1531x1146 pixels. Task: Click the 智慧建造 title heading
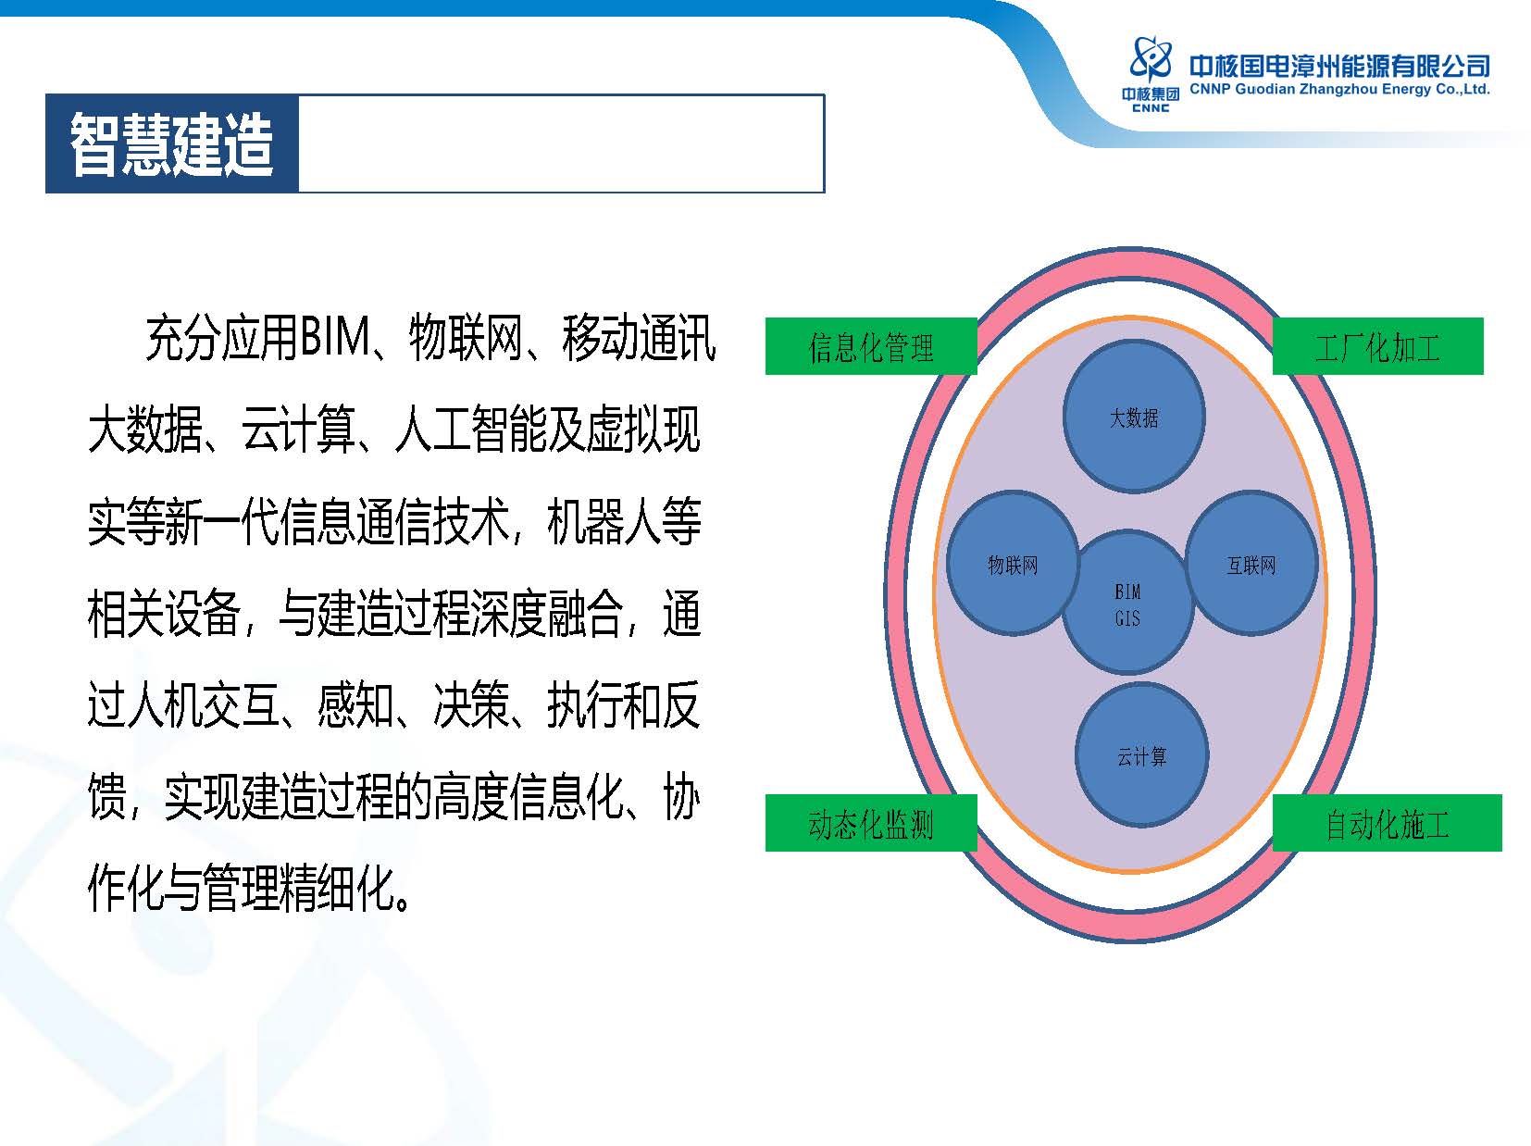tap(171, 143)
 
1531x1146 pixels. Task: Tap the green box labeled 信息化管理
tap(870, 346)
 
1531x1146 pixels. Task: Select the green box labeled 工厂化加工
tap(1377, 346)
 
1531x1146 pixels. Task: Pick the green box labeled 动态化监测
tap(870, 823)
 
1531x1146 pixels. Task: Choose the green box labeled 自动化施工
tap(1387, 823)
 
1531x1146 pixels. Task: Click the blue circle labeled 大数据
tap(1133, 417)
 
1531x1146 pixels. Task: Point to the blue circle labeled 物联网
tap(1013, 564)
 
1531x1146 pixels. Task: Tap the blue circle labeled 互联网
tap(1251, 564)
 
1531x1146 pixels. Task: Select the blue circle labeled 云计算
tap(1141, 754)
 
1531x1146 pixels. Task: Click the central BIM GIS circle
tap(1127, 603)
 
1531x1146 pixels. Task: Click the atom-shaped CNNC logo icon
tap(1151, 58)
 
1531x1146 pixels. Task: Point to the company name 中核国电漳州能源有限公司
tap(1339, 67)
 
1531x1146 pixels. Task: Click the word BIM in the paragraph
tap(335, 338)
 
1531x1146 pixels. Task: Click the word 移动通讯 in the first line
tap(638, 338)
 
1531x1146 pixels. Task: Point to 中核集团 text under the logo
tap(1151, 93)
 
